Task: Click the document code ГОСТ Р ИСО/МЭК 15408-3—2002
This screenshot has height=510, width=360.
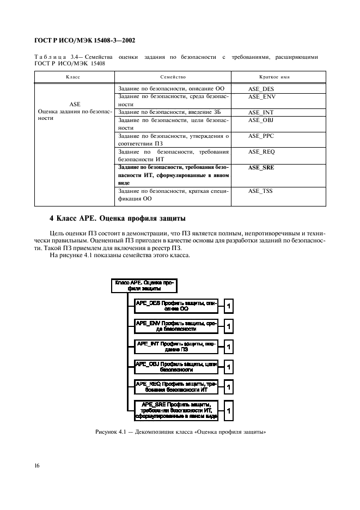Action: click(84, 40)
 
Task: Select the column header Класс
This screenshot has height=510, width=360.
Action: click(73, 77)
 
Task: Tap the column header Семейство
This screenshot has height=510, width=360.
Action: click(174, 77)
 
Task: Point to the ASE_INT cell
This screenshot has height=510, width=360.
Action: click(261, 112)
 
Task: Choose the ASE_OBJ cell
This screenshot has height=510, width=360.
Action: click(261, 120)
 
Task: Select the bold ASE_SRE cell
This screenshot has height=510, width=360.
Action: click(261, 167)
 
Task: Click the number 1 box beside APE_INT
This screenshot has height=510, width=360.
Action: click(229, 347)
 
